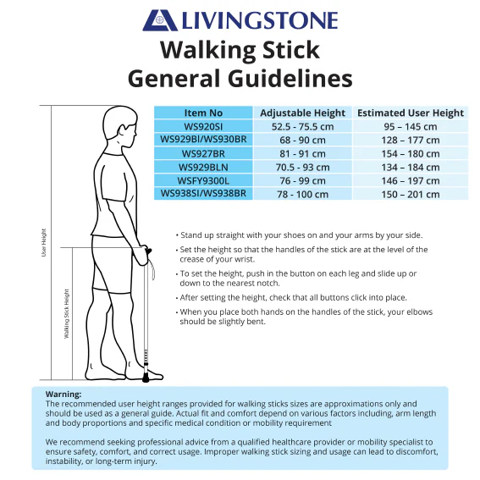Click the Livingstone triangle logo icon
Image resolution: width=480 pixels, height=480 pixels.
[x=160, y=20]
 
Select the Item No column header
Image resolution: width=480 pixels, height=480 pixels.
[x=203, y=113]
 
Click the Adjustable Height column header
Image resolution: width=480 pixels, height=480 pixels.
[x=303, y=113]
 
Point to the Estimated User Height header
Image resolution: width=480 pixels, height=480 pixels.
[x=411, y=113]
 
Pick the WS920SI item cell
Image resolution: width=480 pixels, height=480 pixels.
[x=203, y=126]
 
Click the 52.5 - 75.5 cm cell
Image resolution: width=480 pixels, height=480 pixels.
[x=303, y=126]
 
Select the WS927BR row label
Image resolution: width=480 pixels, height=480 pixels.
[x=203, y=153]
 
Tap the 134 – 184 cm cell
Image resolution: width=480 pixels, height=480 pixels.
[x=411, y=167]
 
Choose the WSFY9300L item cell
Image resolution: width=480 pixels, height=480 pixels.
[x=203, y=180]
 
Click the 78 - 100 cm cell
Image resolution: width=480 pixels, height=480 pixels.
[x=303, y=194]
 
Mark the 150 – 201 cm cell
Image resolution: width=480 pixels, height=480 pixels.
[x=411, y=194]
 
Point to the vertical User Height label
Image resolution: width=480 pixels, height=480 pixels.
[x=44, y=242]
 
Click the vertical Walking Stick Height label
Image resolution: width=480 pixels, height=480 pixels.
[x=66, y=314]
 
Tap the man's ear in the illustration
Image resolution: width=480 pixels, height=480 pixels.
[x=122, y=131]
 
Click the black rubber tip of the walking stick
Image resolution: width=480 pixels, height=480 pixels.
[x=146, y=379]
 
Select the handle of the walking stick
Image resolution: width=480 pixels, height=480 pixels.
[x=147, y=251]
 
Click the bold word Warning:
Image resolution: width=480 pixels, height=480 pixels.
[x=63, y=394]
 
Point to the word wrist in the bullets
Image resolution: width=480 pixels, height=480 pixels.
[x=244, y=259]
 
